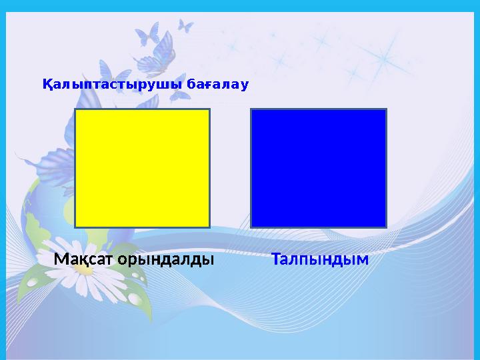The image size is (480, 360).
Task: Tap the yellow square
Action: tap(142, 169)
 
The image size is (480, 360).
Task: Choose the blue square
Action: tap(319, 169)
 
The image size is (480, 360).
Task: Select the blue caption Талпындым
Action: tap(320, 259)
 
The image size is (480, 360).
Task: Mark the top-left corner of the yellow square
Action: tap(75, 110)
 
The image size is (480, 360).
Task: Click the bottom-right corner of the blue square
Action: tap(386, 227)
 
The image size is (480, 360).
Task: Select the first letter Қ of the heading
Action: tap(47, 85)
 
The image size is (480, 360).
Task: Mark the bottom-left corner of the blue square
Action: tap(251, 227)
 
